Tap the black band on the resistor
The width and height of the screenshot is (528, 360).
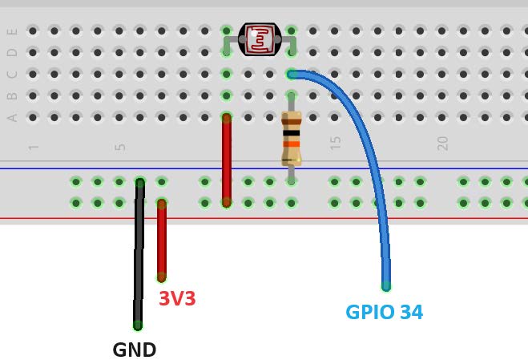(x=292, y=132)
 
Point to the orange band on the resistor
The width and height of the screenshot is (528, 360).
(x=292, y=144)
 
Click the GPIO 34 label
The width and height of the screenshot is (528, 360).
(x=384, y=312)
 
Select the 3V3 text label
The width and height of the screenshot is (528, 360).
(x=177, y=299)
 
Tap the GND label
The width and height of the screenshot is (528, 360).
(x=134, y=350)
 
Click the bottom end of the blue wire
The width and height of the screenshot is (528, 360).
(x=386, y=285)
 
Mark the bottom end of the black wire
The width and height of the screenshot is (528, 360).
(x=138, y=325)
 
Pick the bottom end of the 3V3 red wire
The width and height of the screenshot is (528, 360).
(x=162, y=277)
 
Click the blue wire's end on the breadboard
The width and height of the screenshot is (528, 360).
(x=292, y=74)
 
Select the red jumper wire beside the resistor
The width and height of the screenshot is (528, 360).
(x=227, y=159)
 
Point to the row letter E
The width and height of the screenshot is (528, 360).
(x=12, y=31)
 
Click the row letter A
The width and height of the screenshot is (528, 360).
(x=12, y=117)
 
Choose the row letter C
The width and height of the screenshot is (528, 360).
(x=12, y=75)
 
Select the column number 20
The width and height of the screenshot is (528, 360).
(x=442, y=144)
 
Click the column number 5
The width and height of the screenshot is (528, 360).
(x=120, y=147)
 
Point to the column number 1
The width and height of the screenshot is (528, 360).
(x=34, y=148)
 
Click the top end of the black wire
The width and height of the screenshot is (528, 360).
(x=139, y=183)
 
